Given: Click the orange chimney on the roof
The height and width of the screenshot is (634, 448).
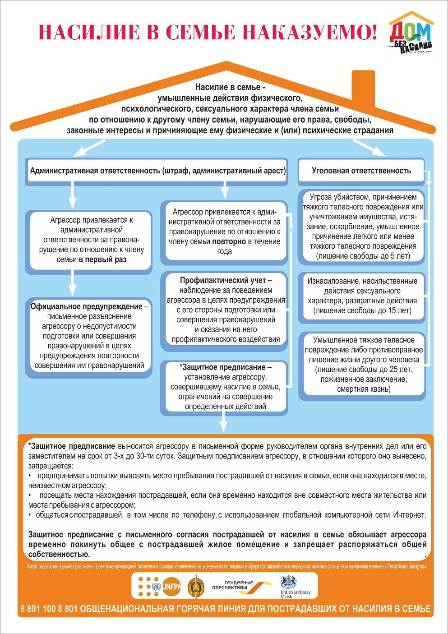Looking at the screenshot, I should [x=366, y=88].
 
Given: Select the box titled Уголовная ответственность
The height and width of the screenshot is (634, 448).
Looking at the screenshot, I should [x=361, y=171].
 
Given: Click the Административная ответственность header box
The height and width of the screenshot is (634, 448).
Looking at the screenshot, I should [x=157, y=171].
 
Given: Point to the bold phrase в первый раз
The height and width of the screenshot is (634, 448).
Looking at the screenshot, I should [x=102, y=259].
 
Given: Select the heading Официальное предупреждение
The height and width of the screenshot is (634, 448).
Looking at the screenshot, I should [x=87, y=306].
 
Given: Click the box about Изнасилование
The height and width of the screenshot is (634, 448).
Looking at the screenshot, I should [x=362, y=296].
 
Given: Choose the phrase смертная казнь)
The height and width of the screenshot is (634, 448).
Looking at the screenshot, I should [x=364, y=389].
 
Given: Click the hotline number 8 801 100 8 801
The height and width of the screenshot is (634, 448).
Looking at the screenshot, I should [x=49, y=609].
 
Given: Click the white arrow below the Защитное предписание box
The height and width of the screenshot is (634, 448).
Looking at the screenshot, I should [x=223, y=424].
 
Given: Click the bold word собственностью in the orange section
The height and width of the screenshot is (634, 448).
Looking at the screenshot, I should [x=59, y=555].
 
